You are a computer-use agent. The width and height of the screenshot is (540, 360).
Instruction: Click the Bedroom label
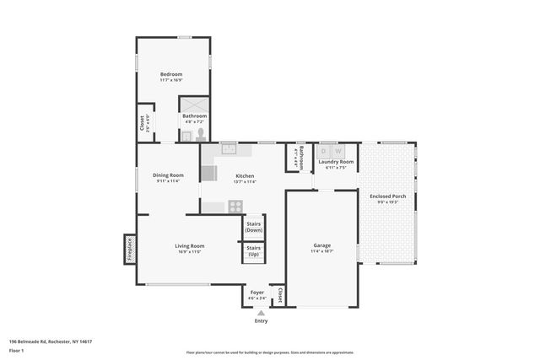172,74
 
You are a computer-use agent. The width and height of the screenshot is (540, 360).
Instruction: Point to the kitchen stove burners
235,206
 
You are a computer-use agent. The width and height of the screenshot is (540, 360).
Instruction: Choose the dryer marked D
322,151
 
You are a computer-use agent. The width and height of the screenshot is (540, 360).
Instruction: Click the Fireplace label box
130,250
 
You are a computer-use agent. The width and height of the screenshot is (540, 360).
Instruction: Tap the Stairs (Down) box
254,227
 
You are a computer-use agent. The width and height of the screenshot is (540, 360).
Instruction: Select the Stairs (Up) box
254,251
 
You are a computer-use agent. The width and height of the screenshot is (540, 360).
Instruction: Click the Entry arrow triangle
261,313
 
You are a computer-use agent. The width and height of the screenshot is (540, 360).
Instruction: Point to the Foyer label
256,292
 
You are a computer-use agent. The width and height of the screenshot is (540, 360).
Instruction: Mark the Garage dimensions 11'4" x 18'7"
322,251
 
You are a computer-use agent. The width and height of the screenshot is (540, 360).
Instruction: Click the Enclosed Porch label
387,196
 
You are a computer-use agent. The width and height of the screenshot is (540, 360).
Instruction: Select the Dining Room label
170,175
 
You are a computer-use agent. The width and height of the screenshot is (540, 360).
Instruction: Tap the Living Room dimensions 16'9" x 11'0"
191,251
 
